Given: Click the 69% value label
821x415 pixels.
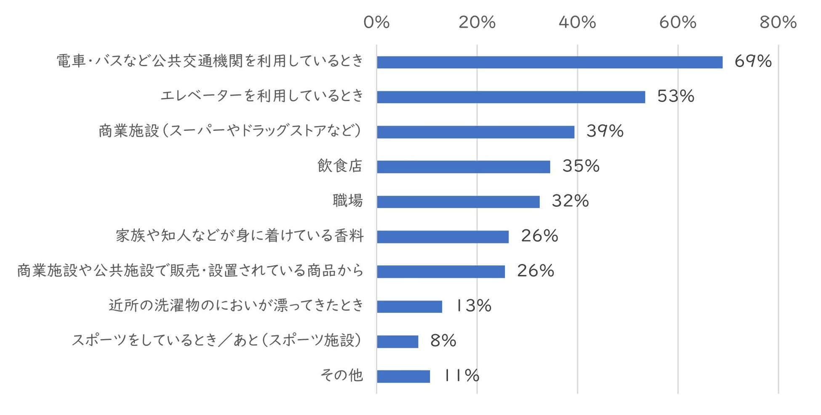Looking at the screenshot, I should [753, 62].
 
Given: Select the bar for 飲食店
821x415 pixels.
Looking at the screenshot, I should [463, 167].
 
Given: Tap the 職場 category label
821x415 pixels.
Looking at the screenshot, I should [347, 201].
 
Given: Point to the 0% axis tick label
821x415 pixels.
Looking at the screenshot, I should [376, 22].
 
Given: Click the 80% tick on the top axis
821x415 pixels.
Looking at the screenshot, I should [778, 22].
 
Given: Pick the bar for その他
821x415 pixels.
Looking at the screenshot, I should [403, 376].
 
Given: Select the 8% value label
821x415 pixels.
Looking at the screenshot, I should [443, 341].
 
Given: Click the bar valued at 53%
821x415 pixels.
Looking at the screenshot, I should [511, 97].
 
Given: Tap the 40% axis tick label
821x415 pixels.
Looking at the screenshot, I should [577, 22].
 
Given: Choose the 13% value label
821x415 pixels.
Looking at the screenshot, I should [473, 306].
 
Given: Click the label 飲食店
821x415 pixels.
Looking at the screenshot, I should [340, 166].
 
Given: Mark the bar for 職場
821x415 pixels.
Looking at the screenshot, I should [458, 202].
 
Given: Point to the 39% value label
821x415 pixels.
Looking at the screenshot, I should [605, 132].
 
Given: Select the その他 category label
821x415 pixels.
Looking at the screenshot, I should [341, 375].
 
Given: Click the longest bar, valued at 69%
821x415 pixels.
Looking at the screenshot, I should [549, 62].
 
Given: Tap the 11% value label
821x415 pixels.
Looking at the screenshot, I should [461, 376].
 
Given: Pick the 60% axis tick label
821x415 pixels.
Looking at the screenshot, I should [677, 22].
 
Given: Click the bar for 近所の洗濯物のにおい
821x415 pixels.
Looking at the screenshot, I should [409, 307].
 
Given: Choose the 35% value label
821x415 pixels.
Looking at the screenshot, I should [581, 167].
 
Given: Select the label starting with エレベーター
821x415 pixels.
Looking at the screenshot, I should [262, 96].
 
